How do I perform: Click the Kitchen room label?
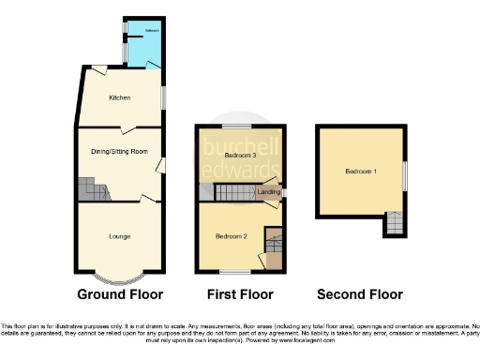(x=119, y=97)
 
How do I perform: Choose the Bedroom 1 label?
(x=361, y=172)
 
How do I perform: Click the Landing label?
(x=268, y=192)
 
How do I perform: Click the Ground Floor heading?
(x=119, y=293)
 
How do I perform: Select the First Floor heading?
(x=240, y=293)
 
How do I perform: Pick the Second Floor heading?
(x=361, y=293)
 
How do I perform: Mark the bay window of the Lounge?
(x=120, y=277)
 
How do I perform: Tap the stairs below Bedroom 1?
(x=395, y=225)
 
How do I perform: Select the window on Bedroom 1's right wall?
(x=405, y=175)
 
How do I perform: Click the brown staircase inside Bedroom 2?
(x=273, y=241)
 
